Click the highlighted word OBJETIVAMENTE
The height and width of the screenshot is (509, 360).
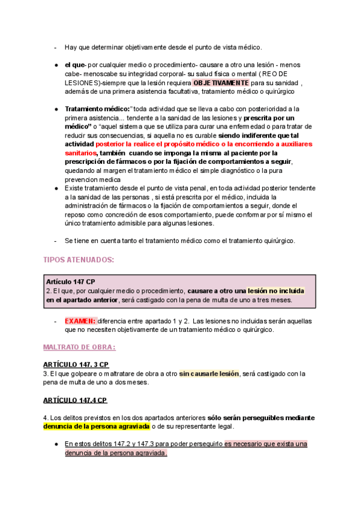click(221, 83)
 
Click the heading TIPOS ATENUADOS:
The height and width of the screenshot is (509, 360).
click(79, 259)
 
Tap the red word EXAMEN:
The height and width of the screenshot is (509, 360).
click(80, 321)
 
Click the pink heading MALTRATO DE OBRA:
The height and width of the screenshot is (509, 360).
click(79, 348)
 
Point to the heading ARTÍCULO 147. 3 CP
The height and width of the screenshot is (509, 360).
click(76, 364)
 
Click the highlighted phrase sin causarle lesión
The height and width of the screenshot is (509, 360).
click(209, 373)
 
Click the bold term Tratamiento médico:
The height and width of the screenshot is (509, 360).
click(97, 109)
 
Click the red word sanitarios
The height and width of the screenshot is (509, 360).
click(80, 153)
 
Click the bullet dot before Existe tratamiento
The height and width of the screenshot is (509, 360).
click(55, 188)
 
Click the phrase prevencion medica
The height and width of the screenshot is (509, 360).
click(92, 179)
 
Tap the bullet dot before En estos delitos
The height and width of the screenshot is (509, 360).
click(55, 444)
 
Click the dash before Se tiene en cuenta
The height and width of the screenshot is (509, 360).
click(55, 241)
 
